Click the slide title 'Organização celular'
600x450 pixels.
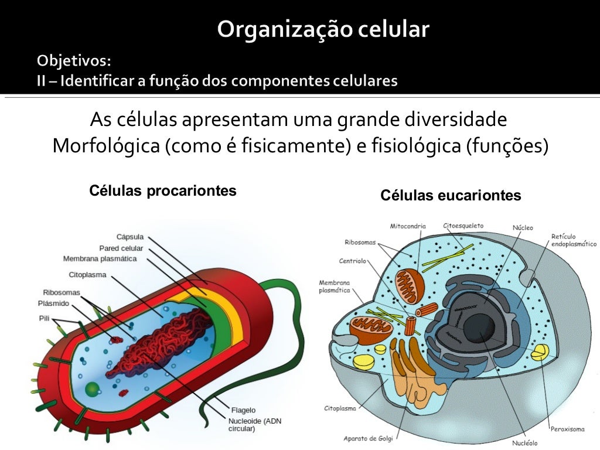click(x=323, y=29)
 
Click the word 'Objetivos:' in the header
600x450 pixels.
click(x=74, y=60)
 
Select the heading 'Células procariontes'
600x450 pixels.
click(x=163, y=190)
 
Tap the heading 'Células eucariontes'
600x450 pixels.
click(x=451, y=195)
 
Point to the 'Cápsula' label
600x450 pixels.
click(x=130, y=237)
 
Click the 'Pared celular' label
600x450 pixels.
click(x=121, y=248)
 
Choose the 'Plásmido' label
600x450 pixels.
click(x=53, y=304)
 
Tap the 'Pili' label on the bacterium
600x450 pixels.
click(x=44, y=318)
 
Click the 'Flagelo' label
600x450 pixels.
click(x=243, y=410)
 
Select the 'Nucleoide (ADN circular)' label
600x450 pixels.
click(x=255, y=425)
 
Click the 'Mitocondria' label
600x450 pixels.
click(x=408, y=226)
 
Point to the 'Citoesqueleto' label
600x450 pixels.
click(x=463, y=226)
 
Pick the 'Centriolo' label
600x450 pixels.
click(x=352, y=261)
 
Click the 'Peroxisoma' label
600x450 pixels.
click(x=567, y=429)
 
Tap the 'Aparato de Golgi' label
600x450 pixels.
click(x=368, y=438)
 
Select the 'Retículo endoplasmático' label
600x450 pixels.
click(x=574, y=240)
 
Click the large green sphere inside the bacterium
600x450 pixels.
click(x=92, y=389)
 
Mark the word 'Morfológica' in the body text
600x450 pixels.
click(x=106, y=146)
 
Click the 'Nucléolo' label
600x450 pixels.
click(x=524, y=443)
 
